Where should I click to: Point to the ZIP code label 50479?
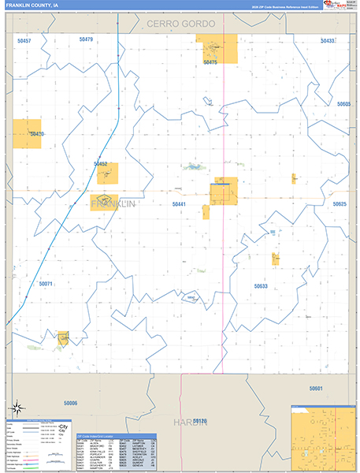coord(86,39)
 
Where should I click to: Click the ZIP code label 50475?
coord(210,61)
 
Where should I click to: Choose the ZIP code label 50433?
coord(328,40)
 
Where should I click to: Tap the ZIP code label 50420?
coord(36,134)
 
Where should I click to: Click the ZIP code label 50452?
coord(101,164)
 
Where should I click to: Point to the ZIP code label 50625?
coord(340,203)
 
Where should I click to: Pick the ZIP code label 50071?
coord(45,284)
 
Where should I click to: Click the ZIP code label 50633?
coord(261,286)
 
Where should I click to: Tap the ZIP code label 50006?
coord(71,403)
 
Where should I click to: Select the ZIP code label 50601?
coord(316,389)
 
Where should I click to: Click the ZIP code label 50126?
coord(199,421)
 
